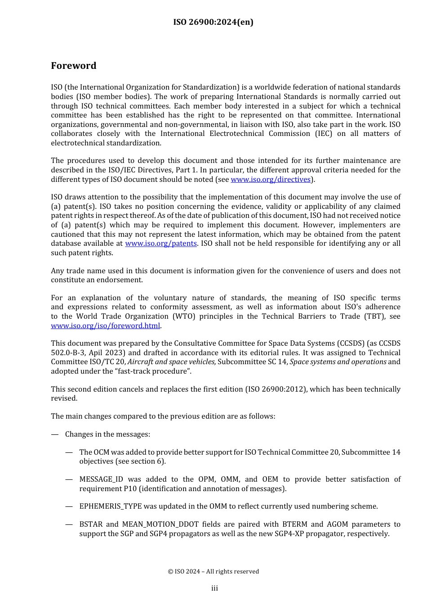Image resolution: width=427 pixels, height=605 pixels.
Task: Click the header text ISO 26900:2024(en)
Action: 213,22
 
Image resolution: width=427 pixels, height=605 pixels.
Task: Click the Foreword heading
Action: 73,66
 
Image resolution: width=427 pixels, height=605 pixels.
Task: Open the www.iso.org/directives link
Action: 271,179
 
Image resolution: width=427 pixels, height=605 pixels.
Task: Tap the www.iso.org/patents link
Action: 160,243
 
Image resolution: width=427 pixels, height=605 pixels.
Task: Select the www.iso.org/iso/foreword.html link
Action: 105,325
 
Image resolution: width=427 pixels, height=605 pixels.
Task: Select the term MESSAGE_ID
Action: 101,479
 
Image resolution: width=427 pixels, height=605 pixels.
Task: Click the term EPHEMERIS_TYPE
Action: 111,506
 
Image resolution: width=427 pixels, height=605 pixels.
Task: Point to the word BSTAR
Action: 91,524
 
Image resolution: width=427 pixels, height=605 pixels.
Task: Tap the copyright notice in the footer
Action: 213,571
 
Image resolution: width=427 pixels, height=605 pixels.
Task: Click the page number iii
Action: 214,588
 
